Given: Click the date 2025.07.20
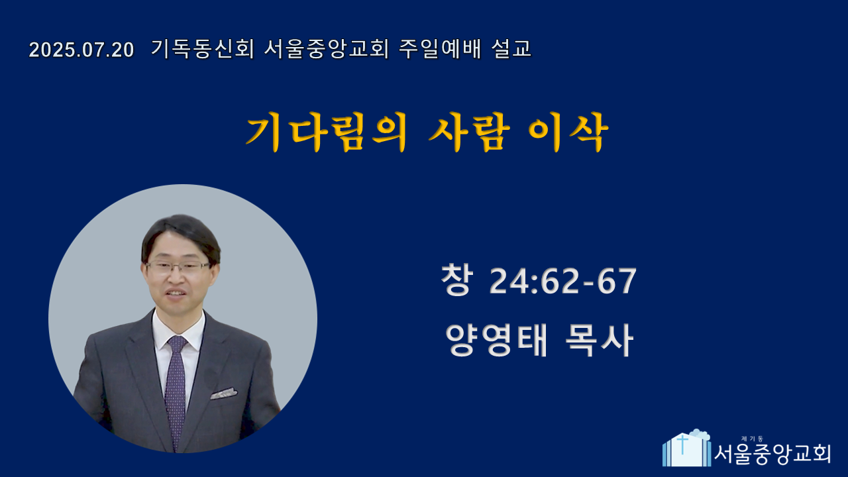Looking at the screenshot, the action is [x=81, y=50].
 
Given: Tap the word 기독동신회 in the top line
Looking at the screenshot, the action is [x=203, y=49].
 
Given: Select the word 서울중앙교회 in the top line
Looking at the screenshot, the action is [x=327, y=49].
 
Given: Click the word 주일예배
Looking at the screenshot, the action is [x=440, y=49].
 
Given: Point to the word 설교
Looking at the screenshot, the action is [x=511, y=49].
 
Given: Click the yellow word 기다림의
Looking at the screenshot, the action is [x=327, y=132].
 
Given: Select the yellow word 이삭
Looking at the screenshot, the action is [x=568, y=132].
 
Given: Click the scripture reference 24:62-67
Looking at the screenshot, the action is [x=563, y=281].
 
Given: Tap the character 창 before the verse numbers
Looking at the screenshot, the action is [x=457, y=280].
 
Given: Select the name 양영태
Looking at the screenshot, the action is [x=496, y=340].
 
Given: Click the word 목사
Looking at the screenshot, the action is [x=599, y=340].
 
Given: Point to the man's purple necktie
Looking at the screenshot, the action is [x=176, y=390].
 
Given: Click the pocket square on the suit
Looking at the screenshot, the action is [x=224, y=394].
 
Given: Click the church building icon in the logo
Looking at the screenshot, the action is [x=686, y=449].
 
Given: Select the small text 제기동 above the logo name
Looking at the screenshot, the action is [x=752, y=439].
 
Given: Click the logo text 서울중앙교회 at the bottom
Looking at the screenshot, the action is [x=772, y=454].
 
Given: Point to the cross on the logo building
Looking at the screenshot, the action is [x=682, y=444].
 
